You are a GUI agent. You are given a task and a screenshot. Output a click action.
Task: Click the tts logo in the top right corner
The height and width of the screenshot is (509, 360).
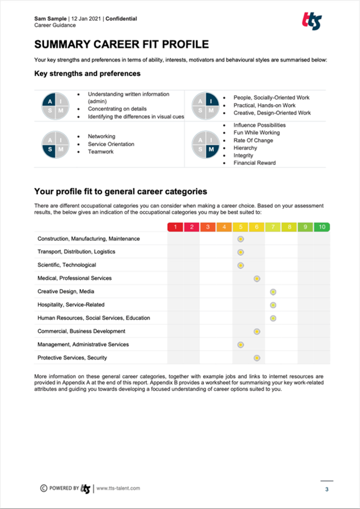tap(312, 21)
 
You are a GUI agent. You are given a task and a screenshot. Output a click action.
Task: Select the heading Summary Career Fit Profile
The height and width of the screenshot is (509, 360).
tap(121, 44)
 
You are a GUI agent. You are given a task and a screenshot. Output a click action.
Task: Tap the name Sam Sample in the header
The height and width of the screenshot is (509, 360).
tap(50, 19)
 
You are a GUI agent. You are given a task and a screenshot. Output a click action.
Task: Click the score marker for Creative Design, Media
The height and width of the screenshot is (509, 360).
tap(273, 292)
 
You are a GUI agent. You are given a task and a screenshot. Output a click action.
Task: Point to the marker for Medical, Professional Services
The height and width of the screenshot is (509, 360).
tap(257, 279)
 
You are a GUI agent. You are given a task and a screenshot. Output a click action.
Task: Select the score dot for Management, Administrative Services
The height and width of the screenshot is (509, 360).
tap(240, 345)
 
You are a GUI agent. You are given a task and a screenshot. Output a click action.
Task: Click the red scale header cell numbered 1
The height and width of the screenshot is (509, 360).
tap(176, 227)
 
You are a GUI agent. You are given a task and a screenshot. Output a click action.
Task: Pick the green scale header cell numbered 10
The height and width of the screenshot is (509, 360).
tap(322, 227)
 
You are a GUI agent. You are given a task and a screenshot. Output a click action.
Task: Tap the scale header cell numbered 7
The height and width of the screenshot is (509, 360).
tap(273, 227)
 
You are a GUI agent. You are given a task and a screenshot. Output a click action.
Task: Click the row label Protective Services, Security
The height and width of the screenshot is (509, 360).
tap(72, 357)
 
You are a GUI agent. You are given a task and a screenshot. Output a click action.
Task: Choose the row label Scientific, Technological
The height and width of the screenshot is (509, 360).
tap(66, 265)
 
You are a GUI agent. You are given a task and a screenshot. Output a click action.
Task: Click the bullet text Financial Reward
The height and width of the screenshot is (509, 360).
tap(254, 163)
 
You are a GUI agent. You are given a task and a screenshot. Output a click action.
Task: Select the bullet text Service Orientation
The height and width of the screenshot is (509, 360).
tap(111, 144)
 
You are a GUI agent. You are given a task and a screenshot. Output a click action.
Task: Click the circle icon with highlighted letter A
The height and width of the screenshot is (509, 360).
tap(56, 106)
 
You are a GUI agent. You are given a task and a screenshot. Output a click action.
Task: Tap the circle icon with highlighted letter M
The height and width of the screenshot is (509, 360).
tap(205, 145)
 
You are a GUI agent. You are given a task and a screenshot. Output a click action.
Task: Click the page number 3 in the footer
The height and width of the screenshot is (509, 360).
tap(327, 489)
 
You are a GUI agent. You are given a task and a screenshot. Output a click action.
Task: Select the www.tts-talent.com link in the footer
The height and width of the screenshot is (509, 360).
tap(118, 488)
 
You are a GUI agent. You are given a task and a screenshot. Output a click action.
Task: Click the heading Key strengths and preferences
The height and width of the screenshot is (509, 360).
tap(87, 74)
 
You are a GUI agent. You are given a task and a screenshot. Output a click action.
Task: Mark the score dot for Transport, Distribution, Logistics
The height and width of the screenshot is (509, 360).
tap(240, 252)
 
